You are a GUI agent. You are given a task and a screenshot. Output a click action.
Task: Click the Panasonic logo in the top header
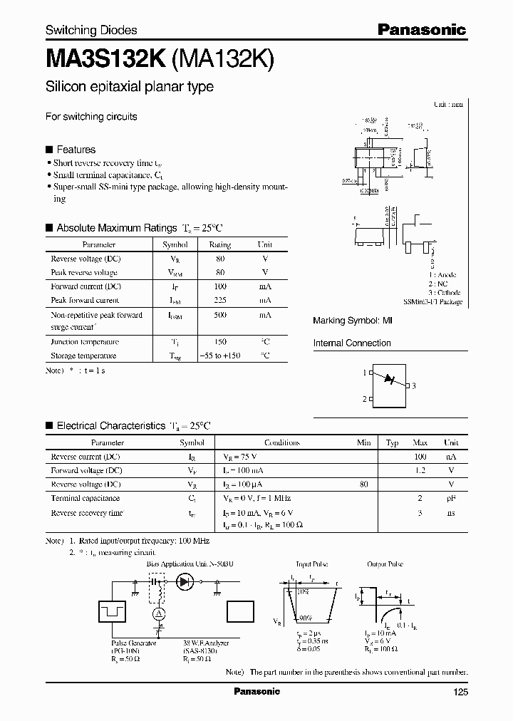421,29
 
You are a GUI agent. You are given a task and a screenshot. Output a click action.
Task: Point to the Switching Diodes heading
91,30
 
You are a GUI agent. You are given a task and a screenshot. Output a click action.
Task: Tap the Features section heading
76,150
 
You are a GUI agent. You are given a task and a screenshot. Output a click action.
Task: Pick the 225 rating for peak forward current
220,301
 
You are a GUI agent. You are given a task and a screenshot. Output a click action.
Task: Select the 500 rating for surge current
220,315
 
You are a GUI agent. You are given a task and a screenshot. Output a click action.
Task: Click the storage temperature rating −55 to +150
220,356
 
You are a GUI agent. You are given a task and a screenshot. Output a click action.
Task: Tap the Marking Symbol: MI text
353,321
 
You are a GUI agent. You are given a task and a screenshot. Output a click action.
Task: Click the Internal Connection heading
352,343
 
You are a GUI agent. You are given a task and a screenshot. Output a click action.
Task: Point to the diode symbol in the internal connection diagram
389,379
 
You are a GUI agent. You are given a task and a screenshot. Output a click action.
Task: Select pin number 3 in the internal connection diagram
413,385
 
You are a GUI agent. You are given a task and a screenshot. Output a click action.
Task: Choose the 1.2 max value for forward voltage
420,471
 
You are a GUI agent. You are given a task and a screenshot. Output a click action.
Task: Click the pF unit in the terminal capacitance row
451,499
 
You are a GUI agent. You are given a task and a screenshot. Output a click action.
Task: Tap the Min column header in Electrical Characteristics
364,442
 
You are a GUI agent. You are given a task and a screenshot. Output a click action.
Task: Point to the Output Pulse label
385,564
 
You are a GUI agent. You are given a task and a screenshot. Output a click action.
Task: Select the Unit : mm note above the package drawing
448,105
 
